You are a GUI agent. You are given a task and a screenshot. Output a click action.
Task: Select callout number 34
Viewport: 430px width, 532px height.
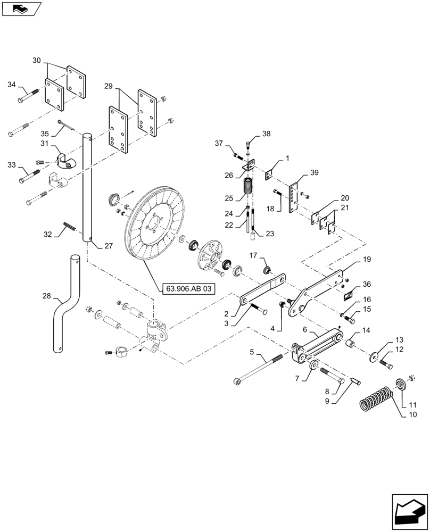12,85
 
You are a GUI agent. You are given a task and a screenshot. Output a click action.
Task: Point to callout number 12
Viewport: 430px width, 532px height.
399,350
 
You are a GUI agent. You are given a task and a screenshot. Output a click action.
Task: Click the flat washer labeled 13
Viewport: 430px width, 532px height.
375,356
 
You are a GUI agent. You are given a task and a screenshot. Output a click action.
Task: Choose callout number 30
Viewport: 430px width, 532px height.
36,60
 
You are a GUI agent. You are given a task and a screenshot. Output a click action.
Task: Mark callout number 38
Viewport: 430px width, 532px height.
266,134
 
